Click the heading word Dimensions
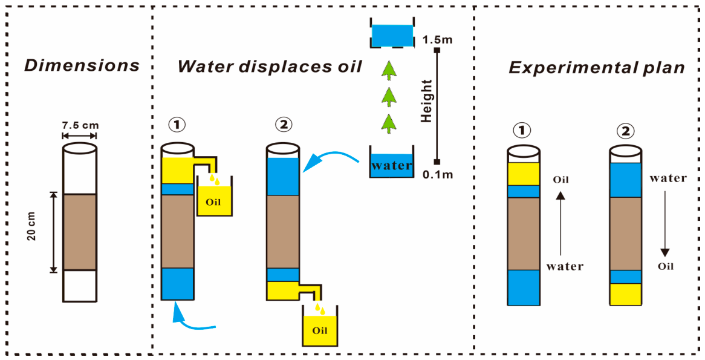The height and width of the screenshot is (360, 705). pos(82,66)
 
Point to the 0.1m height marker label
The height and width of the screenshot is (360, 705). pos(438,174)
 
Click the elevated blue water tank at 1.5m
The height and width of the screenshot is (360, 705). pos(392,35)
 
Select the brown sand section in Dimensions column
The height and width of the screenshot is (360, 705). pos(79,232)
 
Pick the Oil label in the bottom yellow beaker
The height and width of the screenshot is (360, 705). pos(320,333)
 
